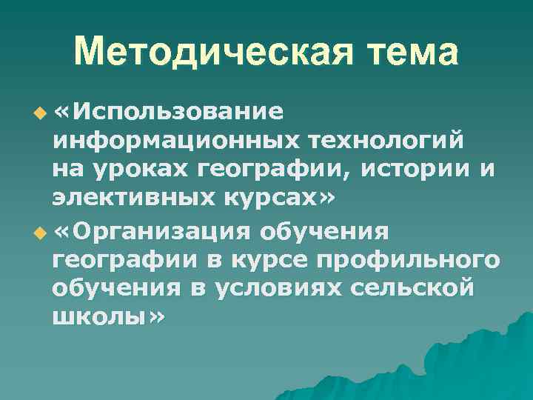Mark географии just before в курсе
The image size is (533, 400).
[x=121, y=261]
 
